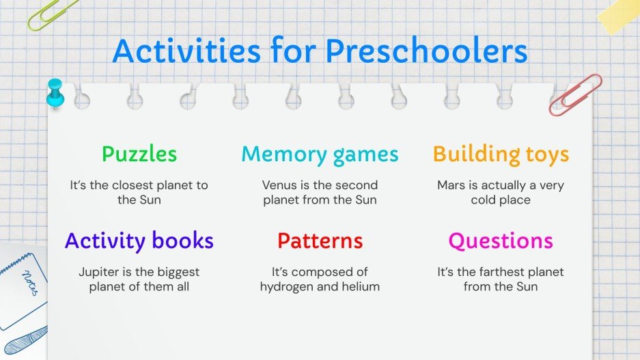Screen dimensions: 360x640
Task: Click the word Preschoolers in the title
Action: tap(426, 51)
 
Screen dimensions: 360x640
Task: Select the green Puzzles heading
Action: tap(139, 154)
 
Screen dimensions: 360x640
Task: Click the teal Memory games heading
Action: tap(320, 154)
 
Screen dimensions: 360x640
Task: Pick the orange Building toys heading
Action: tap(501, 154)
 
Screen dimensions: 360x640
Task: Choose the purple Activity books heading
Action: tap(139, 240)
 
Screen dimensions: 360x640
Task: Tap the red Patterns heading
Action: tap(320, 240)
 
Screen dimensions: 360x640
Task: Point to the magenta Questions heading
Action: tap(501, 240)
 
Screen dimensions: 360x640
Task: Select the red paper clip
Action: tap(575, 94)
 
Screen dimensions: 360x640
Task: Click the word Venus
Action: tap(279, 185)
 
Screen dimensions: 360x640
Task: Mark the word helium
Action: tap(359, 286)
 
